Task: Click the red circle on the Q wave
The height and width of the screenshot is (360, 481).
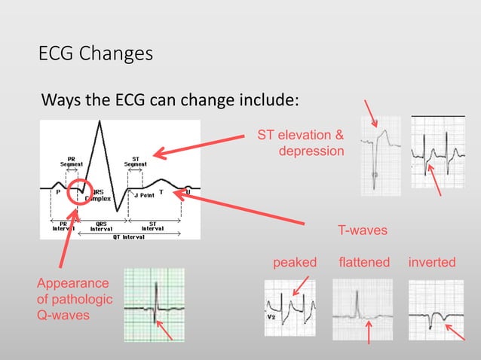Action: [81, 194]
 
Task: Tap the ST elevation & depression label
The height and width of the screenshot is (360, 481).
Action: [302, 144]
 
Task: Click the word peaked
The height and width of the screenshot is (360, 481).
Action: [295, 262]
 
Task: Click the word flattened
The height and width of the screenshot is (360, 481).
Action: [364, 262]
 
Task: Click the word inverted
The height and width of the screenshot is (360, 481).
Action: [431, 262]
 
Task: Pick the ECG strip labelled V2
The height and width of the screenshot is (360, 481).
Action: [293, 308]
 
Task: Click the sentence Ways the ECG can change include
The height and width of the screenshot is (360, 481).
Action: [170, 100]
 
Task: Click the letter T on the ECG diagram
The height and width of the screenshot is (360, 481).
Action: [161, 194]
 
